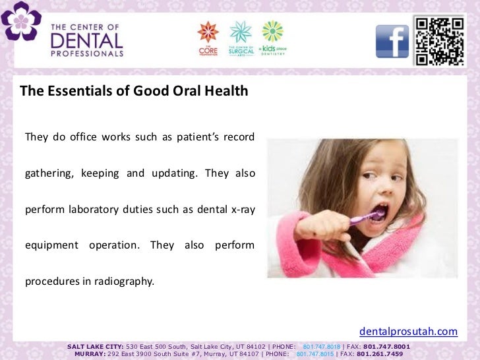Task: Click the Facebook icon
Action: [x=392, y=41]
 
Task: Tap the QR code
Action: [x=439, y=40]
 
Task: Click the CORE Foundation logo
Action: [x=208, y=38]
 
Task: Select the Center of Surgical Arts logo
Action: [x=241, y=38]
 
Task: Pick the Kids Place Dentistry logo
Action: [x=272, y=38]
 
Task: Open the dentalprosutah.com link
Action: [x=408, y=331]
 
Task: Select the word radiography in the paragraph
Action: [x=120, y=282]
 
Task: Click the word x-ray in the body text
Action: [x=240, y=210]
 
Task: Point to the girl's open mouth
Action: [x=380, y=213]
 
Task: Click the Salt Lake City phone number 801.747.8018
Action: [x=322, y=346]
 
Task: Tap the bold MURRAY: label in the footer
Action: [x=93, y=353]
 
